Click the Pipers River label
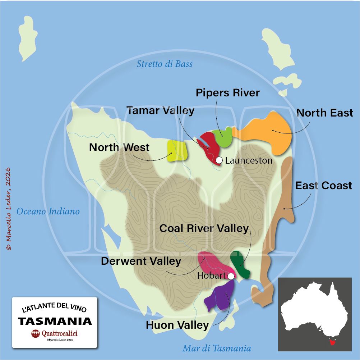(227, 93)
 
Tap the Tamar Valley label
(160, 110)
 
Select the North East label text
(324, 113)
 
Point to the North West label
(119, 147)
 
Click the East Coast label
(323, 186)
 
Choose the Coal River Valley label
(204, 228)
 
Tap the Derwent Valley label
(141, 261)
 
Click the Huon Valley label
(177, 325)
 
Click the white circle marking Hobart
(231, 276)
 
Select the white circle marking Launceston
(219, 160)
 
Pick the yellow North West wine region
(177, 151)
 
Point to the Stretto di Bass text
(165, 64)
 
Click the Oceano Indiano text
(48, 211)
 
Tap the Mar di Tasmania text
(217, 348)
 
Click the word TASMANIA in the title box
(55, 321)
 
